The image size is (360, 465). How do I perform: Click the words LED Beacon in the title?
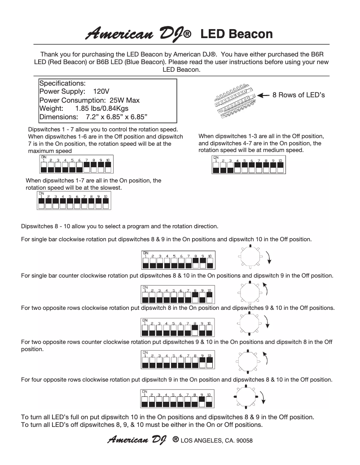(x=236, y=34)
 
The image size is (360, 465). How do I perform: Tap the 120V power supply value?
(x=102, y=92)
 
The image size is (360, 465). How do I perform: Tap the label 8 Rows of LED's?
(x=299, y=95)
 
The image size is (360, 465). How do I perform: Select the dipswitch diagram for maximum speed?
(x=75, y=165)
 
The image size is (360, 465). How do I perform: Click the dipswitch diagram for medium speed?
(x=248, y=165)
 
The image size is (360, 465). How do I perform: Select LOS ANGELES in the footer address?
(x=201, y=440)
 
